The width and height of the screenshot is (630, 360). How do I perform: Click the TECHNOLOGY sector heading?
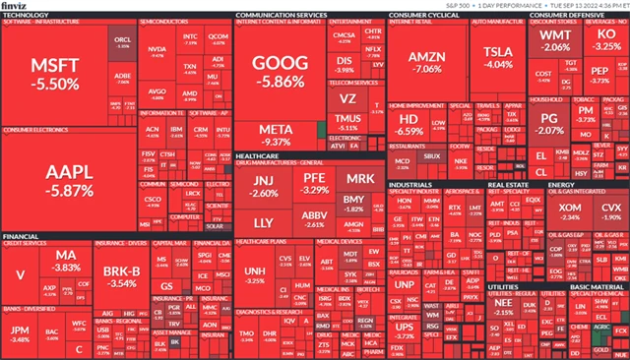(x=26, y=16)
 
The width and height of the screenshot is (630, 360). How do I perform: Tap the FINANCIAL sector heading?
(x=22, y=237)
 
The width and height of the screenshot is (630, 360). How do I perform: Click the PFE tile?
(x=314, y=182)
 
